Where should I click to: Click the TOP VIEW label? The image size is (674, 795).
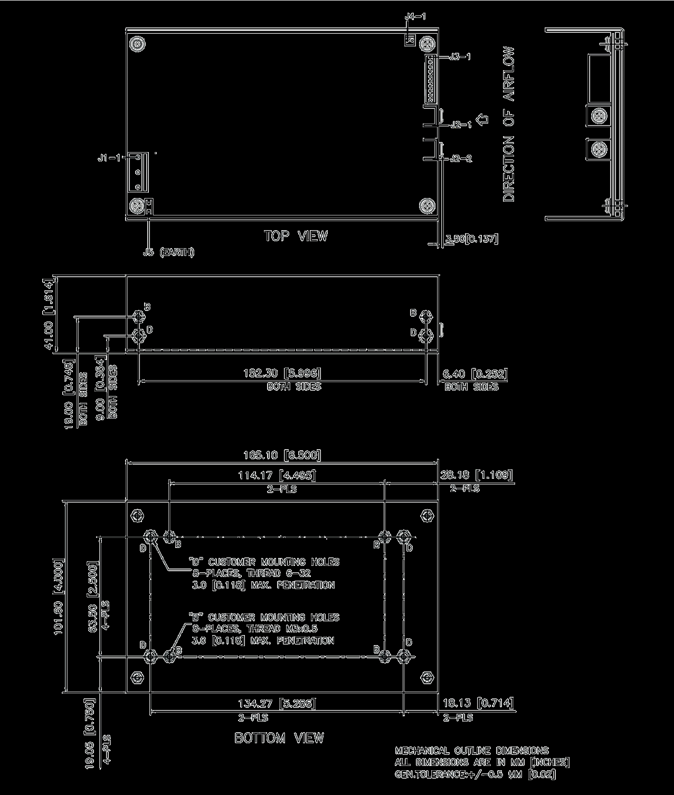tap(296, 236)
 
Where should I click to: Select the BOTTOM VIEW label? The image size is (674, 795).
tap(279, 737)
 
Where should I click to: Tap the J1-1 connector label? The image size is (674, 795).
tap(109, 158)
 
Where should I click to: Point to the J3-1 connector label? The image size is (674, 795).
tap(459, 56)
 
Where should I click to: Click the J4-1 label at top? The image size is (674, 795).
tap(415, 17)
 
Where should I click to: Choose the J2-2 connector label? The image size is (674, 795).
tap(461, 158)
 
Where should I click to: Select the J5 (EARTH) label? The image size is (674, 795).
tap(168, 252)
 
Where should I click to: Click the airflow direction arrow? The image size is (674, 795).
tap(481, 120)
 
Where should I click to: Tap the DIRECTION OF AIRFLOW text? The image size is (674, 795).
tap(508, 124)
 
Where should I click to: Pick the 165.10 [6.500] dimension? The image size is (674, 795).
tap(282, 455)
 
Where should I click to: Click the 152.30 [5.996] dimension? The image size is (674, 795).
tap(282, 374)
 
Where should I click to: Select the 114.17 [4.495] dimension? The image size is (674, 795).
tap(277, 476)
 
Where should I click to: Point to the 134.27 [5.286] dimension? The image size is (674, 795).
tap(277, 703)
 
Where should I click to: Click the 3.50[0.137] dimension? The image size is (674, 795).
tap(471, 239)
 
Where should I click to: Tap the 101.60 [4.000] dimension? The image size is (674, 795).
tap(59, 596)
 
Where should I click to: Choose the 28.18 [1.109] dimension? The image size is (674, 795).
tap(476, 475)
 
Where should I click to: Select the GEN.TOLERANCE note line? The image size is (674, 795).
tap(475, 774)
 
